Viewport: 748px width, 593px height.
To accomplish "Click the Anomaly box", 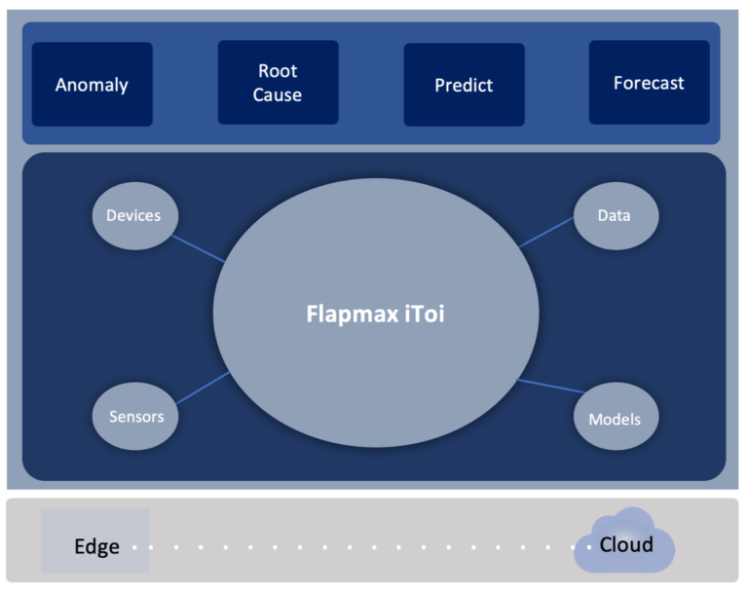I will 92,84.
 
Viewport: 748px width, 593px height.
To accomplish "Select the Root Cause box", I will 278,83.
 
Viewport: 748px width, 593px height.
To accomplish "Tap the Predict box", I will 464,85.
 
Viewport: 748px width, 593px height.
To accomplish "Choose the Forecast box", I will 649,83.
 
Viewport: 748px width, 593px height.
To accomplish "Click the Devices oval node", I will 133,215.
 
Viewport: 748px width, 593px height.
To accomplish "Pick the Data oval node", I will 615,215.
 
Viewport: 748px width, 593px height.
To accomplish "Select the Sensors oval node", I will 135,417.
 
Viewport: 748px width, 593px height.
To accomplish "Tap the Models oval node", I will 615,420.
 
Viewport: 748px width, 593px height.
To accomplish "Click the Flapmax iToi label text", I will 375,314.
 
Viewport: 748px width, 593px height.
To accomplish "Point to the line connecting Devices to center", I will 198,248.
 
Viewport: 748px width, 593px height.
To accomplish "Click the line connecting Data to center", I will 546,232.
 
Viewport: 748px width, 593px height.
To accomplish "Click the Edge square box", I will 95,540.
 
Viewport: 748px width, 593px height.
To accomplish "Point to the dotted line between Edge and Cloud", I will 360,546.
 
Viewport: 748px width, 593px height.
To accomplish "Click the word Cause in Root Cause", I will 278,95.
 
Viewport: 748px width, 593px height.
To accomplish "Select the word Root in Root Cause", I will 278,71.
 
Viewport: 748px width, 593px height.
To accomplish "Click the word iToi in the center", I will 421,314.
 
